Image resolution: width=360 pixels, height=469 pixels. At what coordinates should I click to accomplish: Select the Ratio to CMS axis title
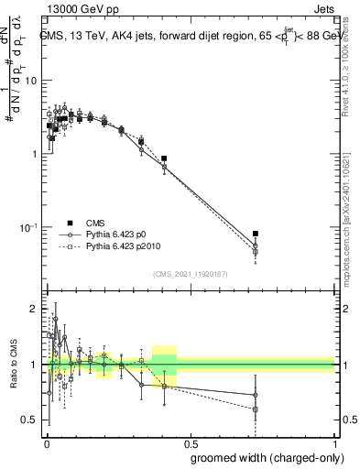click(12, 365)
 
